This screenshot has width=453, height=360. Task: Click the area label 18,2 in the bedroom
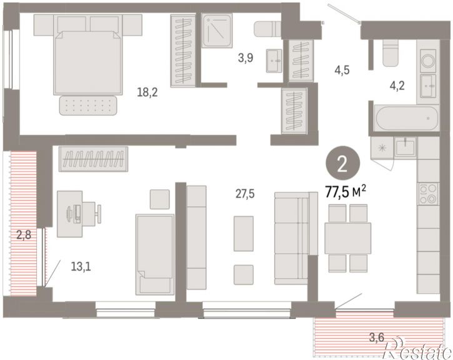147,92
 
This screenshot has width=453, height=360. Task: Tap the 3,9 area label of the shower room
246,57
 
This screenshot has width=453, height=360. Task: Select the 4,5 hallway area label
342,70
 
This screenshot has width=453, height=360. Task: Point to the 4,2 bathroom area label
397,86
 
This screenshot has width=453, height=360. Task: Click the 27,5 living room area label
245,194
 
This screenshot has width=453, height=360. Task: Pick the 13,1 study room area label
81,266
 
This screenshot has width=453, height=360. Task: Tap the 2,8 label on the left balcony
24,235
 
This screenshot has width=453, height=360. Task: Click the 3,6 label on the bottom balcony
377,337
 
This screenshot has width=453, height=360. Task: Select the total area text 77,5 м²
346,192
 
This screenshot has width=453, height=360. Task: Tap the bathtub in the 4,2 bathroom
407,119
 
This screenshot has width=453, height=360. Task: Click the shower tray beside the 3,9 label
217,31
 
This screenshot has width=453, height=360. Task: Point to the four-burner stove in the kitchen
428,194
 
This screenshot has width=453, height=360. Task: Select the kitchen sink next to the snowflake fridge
406,146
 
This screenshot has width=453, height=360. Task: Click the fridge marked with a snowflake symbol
382,148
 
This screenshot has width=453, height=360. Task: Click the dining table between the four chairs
348,238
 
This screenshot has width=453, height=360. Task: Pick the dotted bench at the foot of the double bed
88,105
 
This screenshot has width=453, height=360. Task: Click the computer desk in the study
69,214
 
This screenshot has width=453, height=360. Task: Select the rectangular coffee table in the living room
244,234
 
